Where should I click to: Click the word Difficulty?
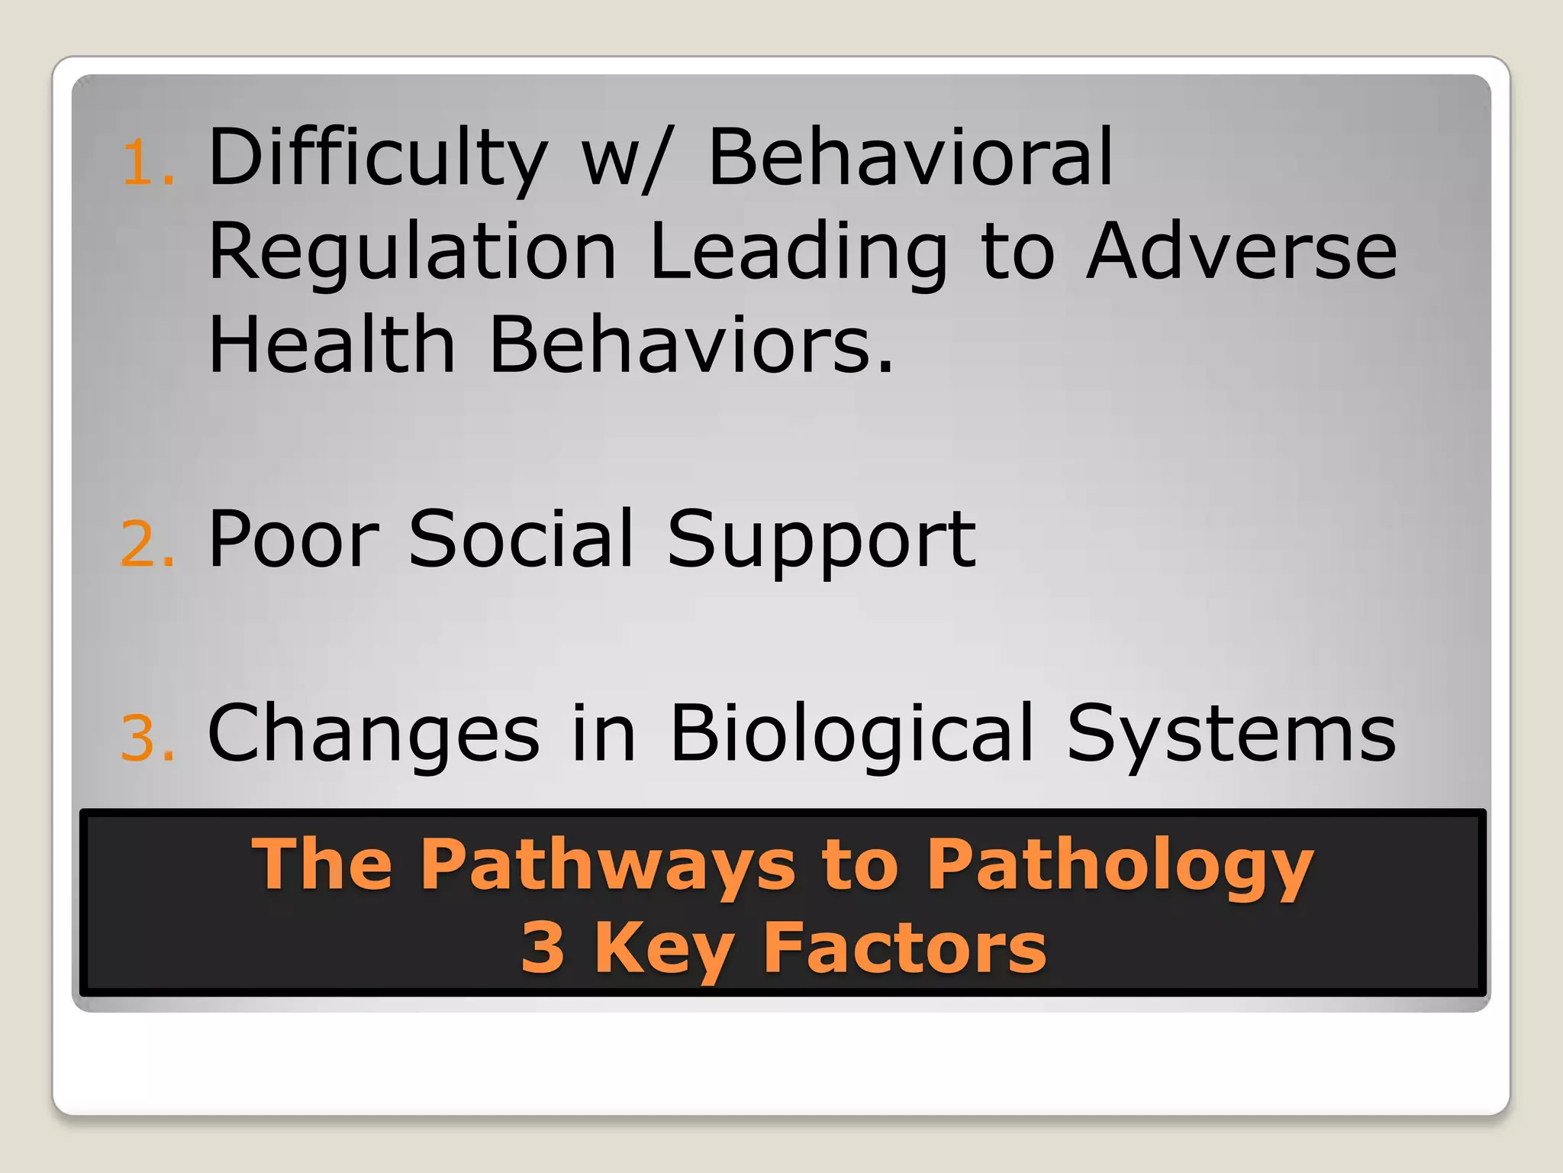click(377, 159)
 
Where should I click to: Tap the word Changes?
click(373, 735)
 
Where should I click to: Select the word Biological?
click(851, 735)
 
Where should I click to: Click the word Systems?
click(1230, 735)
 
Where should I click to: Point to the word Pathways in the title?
click(607, 865)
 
